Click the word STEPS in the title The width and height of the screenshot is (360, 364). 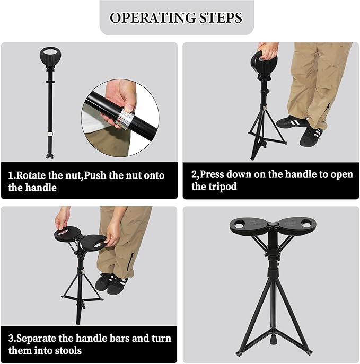pyautogui.click(x=219, y=17)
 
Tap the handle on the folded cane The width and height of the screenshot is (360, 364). pyautogui.click(x=51, y=58)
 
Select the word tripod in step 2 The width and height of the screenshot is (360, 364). pyautogui.click(x=223, y=187)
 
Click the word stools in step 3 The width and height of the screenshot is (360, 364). pyautogui.click(x=67, y=350)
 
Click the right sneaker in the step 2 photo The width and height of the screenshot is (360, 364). pyautogui.click(x=311, y=136)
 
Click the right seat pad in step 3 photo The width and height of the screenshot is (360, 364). pyautogui.click(x=96, y=243)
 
